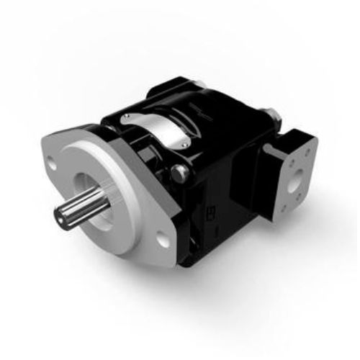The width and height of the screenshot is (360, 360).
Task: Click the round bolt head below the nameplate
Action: [180, 172]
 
